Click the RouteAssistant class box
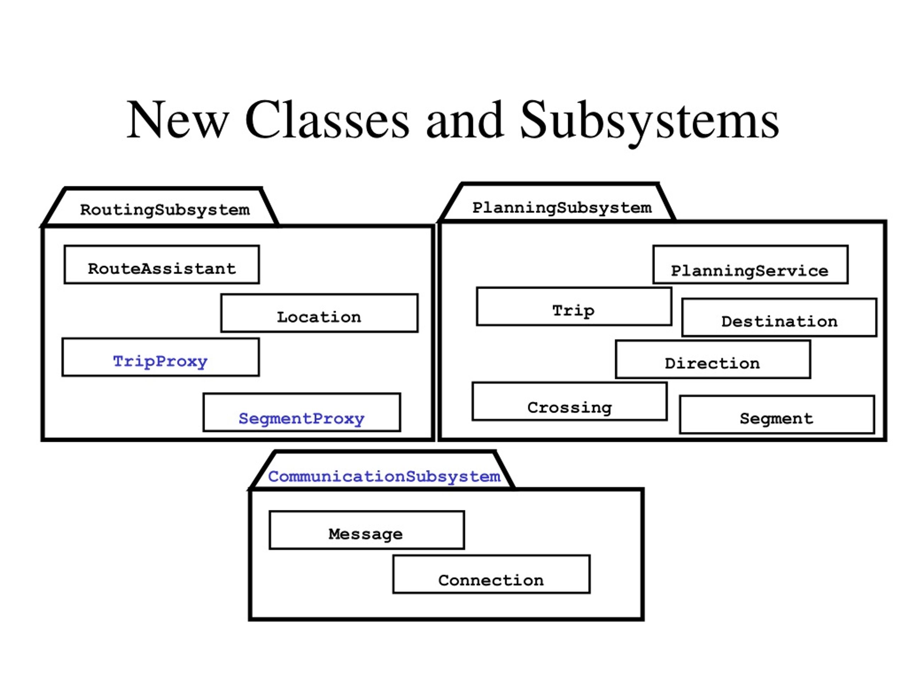162,264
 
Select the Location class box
319,313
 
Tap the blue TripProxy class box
160,357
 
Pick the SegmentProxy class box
302,412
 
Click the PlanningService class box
750,264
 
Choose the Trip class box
574,307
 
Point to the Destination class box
779,318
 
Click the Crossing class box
570,402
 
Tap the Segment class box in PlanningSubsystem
777,415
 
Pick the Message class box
367,530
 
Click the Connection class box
491,574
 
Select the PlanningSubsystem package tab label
562,208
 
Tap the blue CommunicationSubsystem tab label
384,477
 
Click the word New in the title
177,120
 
